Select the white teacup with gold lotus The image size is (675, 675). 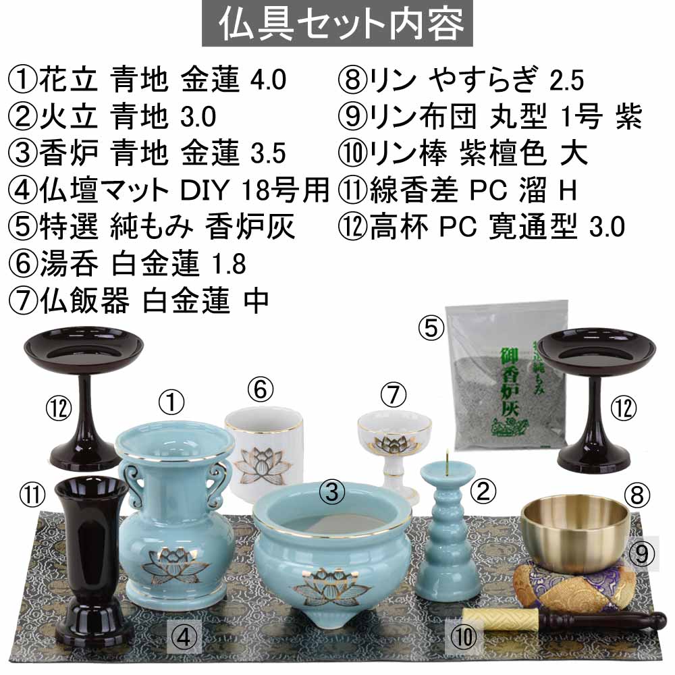click(263, 454)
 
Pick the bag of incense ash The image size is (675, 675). click(507, 375)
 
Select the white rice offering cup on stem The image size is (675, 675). click(394, 454)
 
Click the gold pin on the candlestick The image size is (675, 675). click(448, 459)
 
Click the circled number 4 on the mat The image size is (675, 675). click(184, 637)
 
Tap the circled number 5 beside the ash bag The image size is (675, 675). click(431, 328)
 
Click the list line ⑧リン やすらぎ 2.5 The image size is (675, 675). click(460, 80)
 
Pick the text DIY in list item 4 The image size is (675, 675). click(205, 190)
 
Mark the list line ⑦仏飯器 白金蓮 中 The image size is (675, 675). click(138, 300)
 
